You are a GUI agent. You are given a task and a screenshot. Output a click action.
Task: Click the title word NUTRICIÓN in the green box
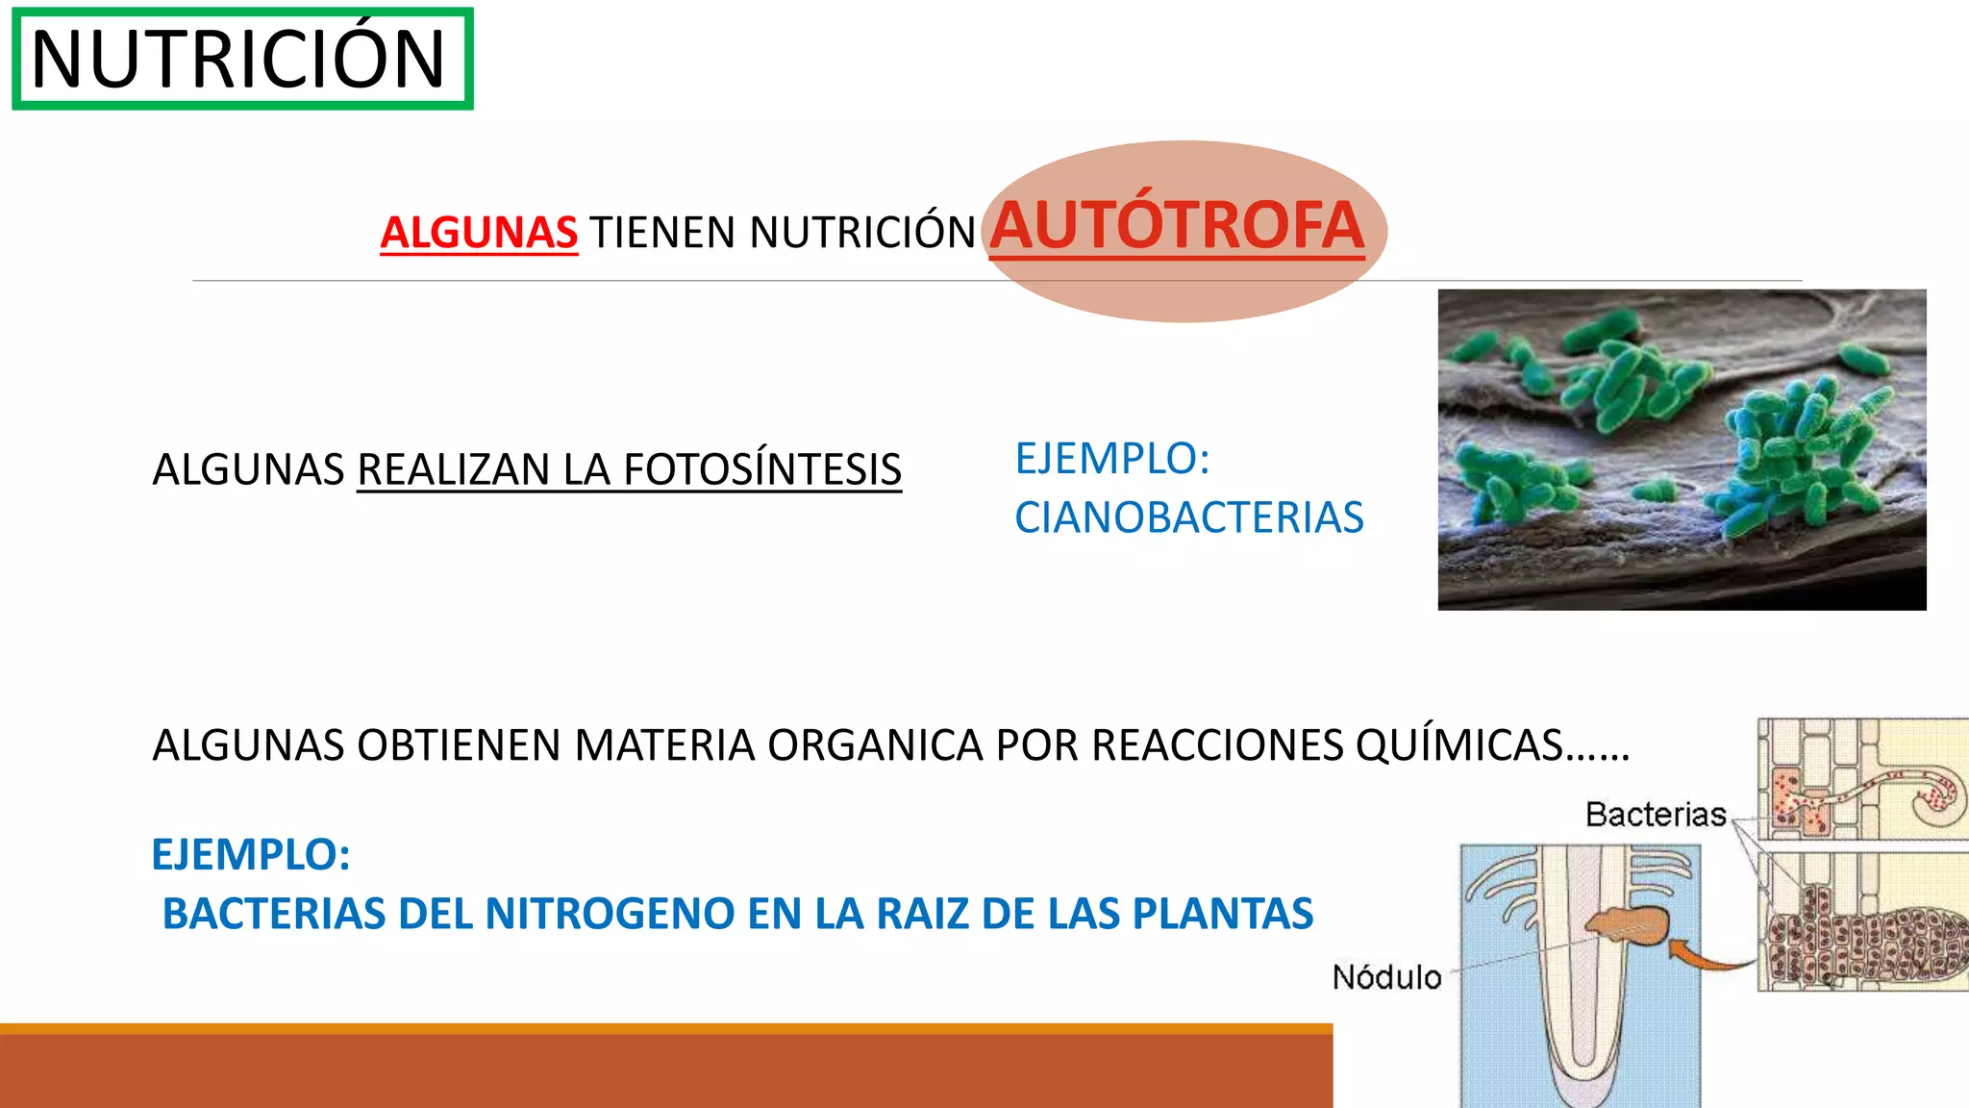click(238, 60)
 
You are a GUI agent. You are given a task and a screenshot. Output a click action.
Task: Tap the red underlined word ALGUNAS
click(479, 233)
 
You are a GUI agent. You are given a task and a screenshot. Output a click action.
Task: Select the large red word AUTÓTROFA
click(1177, 226)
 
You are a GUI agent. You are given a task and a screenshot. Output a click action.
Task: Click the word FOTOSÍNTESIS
click(762, 469)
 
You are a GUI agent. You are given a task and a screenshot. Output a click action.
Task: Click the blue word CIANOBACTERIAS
click(1188, 517)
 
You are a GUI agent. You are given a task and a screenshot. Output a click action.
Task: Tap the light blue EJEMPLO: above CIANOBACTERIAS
click(1111, 458)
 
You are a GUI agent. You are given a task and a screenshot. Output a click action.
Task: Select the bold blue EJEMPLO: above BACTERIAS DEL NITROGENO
click(251, 854)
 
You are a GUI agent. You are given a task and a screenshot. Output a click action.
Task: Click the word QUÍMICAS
click(1459, 745)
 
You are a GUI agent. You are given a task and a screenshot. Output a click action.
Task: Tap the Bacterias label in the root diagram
click(1656, 815)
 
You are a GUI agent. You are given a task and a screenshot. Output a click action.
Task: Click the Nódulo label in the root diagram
click(1386, 977)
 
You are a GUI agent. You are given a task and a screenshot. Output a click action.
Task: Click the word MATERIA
click(664, 745)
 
